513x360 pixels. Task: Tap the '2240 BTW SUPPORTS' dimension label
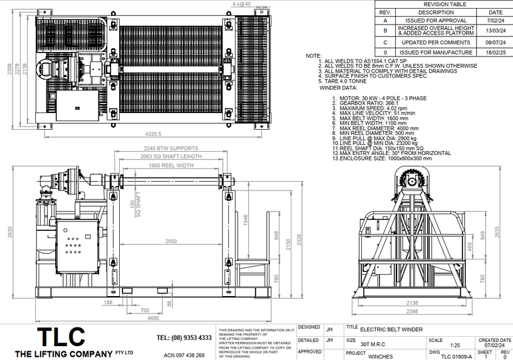(171, 148)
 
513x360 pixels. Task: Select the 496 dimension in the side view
(471, 246)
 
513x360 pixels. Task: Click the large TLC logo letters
(61, 336)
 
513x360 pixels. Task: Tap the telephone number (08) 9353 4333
(184, 338)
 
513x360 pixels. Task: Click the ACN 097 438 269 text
(184, 355)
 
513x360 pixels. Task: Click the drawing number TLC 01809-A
(456, 356)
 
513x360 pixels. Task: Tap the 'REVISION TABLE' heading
(444, 4)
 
